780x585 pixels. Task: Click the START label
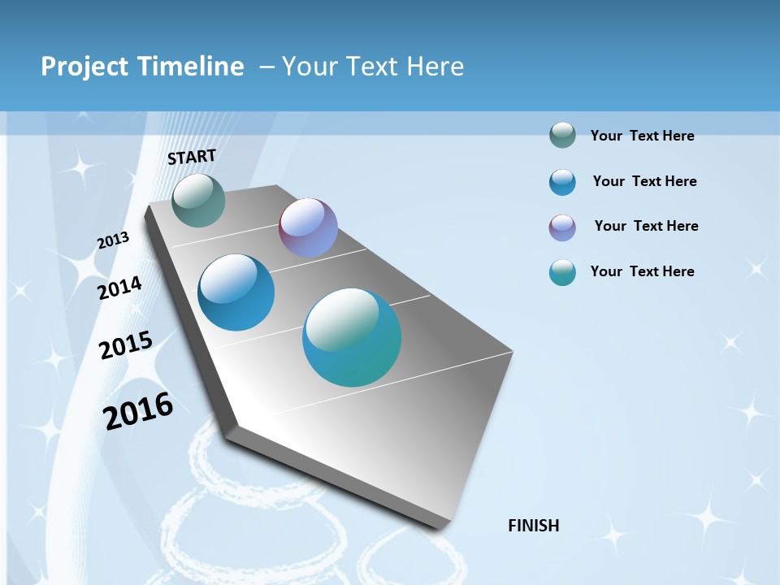pyautogui.click(x=192, y=156)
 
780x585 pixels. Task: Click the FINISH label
pyautogui.click(x=533, y=526)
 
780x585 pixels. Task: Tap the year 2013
pyautogui.click(x=113, y=240)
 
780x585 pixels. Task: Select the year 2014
pyautogui.click(x=119, y=288)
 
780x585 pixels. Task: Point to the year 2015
pyautogui.click(x=126, y=345)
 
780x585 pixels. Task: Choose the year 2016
pyautogui.click(x=138, y=411)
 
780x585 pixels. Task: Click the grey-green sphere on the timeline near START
pyautogui.click(x=198, y=200)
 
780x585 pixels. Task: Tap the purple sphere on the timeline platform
pyautogui.click(x=308, y=227)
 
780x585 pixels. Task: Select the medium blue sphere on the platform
pyautogui.click(x=236, y=292)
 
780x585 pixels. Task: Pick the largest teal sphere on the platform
pyautogui.click(x=352, y=337)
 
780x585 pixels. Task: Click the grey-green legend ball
pyautogui.click(x=562, y=136)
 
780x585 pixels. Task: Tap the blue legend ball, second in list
pyautogui.click(x=562, y=182)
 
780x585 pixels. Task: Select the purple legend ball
pyautogui.click(x=562, y=227)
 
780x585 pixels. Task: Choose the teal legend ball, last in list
pyautogui.click(x=562, y=272)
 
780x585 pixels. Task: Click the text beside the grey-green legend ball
pyautogui.click(x=642, y=136)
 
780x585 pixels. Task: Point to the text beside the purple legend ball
pyautogui.click(x=646, y=226)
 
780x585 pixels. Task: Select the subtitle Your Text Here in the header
pyautogui.click(x=373, y=67)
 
